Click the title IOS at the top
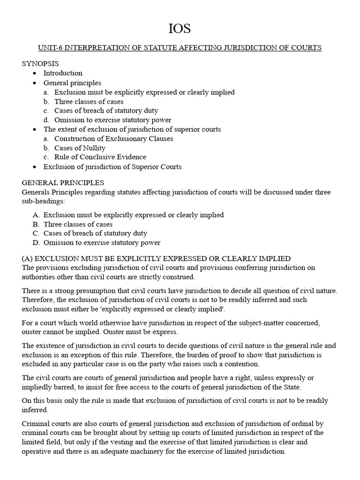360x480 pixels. click(180, 29)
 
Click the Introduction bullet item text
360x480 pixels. click(63, 73)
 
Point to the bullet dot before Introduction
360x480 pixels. click(35, 74)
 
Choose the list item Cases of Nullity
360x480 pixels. click(80, 148)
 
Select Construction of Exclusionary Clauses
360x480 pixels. click(113, 138)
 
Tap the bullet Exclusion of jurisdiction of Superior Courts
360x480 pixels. click(112, 166)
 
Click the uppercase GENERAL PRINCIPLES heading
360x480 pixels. click(63, 182)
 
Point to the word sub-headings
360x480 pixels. click(43, 201)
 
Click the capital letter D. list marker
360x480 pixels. click(36, 243)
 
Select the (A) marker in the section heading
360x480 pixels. click(28, 258)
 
